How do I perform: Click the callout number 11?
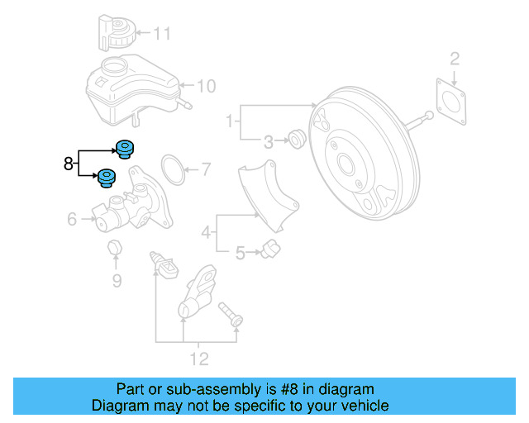coord(162,34)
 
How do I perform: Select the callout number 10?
coord(206,85)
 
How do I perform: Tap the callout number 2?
coord(454,58)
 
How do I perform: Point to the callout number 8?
coord(68,164)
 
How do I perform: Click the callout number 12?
coord(199,359)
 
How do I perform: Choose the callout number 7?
coord(206,171)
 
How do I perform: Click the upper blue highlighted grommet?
coord(126,150)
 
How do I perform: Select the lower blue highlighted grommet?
coord(107,178)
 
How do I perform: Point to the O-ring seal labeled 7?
coord(172,169)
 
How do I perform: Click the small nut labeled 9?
coord(115,248)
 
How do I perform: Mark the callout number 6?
coord(71,219)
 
